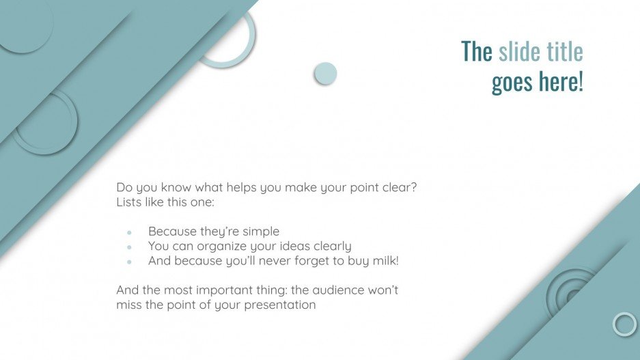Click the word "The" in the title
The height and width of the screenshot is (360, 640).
tap(476, 51)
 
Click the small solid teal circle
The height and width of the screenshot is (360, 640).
tap(325, 74)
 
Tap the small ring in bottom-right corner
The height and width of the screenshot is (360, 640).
tap(624, 324)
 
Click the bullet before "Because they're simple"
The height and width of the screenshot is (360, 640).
tap(129, 232)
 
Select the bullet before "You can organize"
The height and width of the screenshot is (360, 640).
tap(129, 247)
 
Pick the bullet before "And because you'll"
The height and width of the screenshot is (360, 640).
tap(129, 261)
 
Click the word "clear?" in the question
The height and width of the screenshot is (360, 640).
tap(398, 187)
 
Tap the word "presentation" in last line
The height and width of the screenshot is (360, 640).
tap(281, 305)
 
